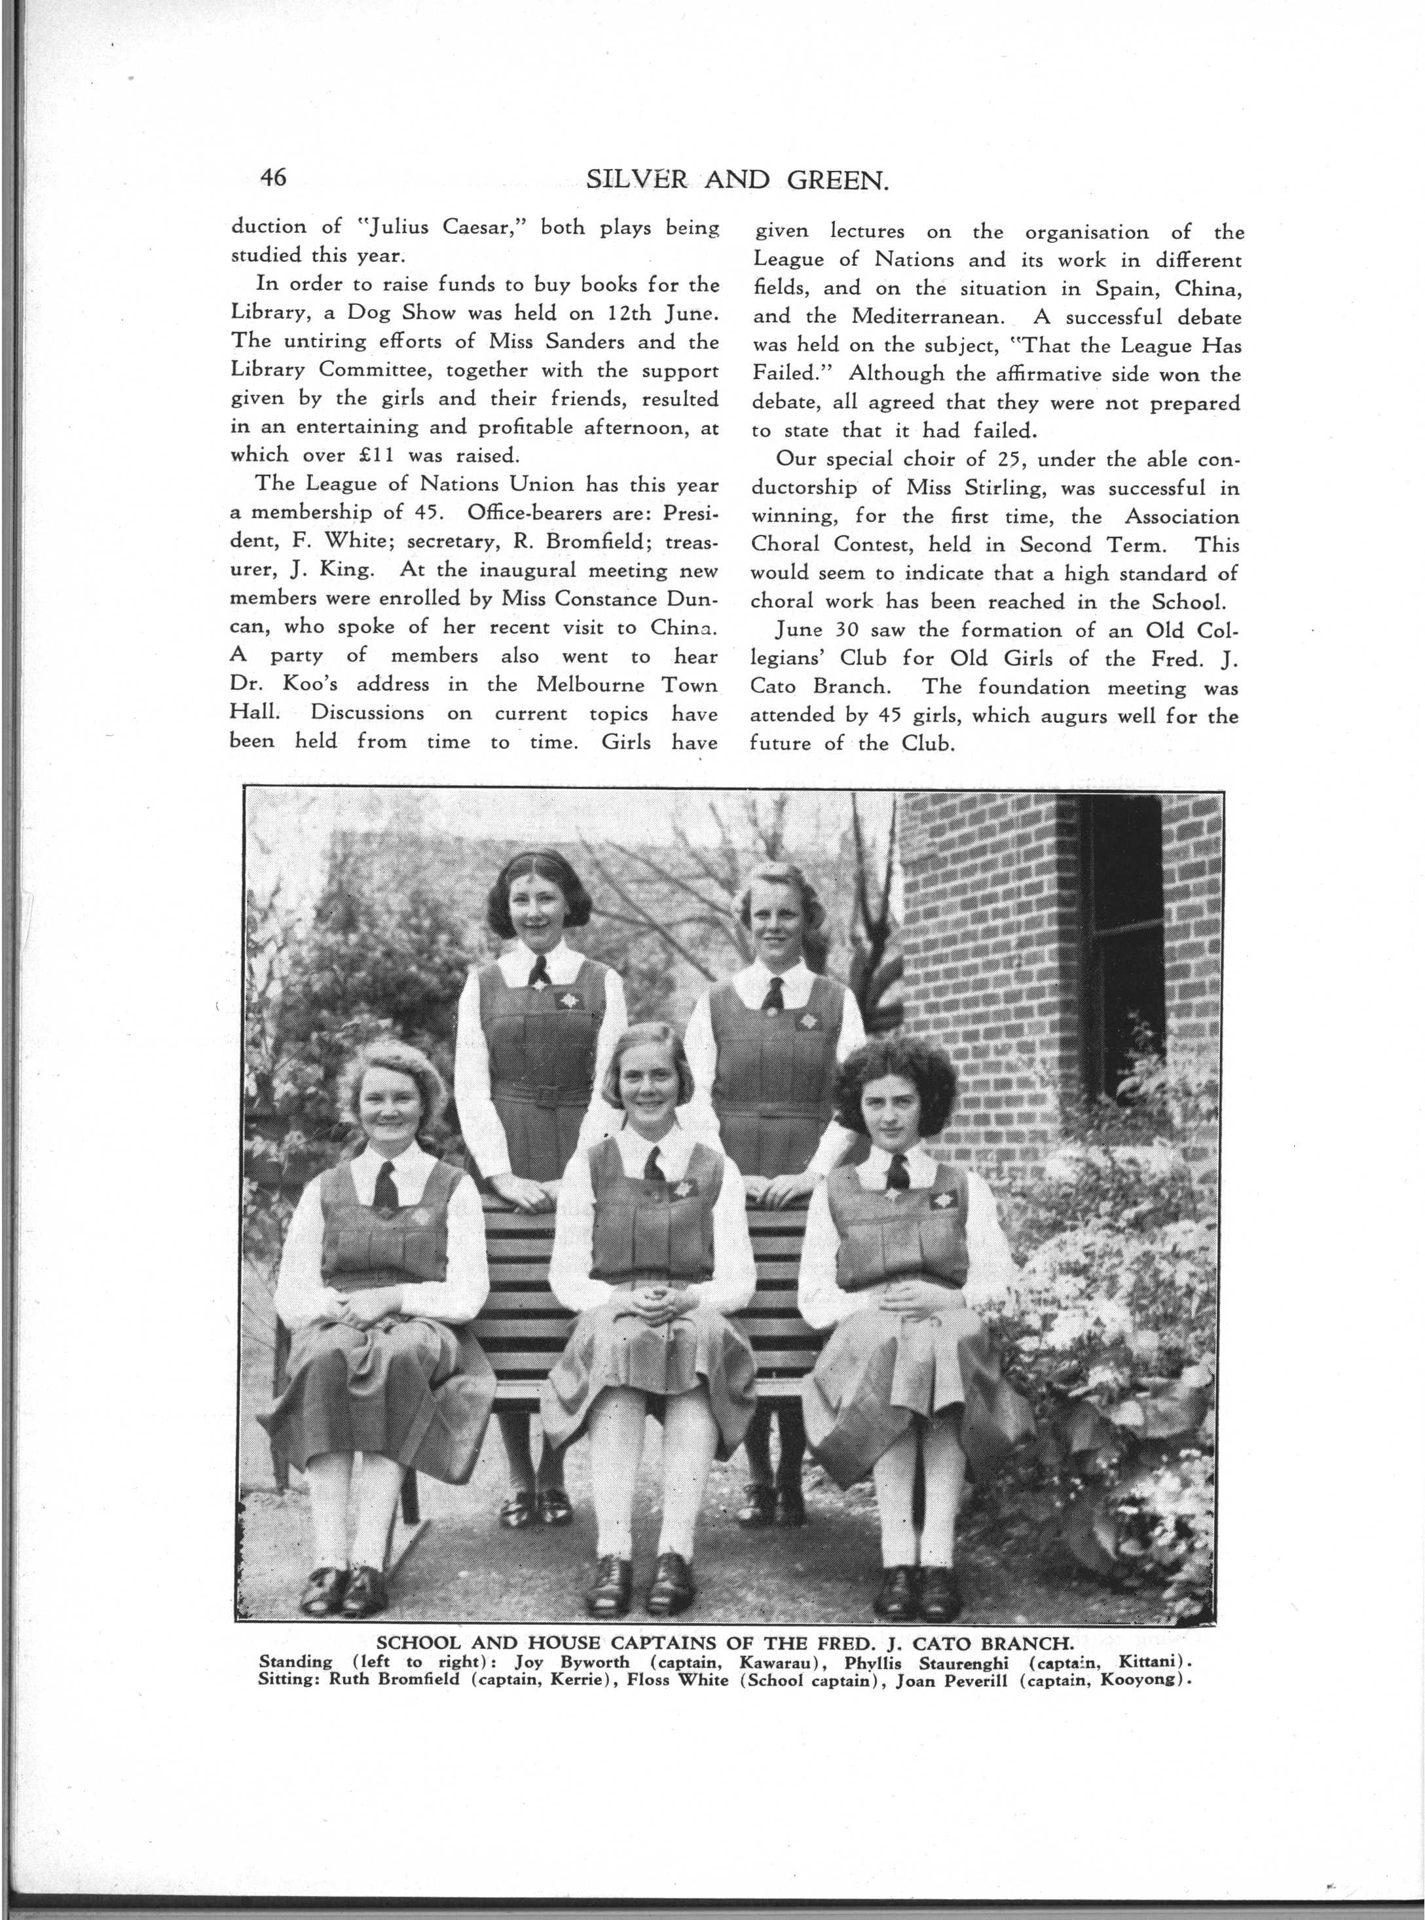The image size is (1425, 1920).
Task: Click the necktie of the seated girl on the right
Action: (x=897, y=1170)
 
